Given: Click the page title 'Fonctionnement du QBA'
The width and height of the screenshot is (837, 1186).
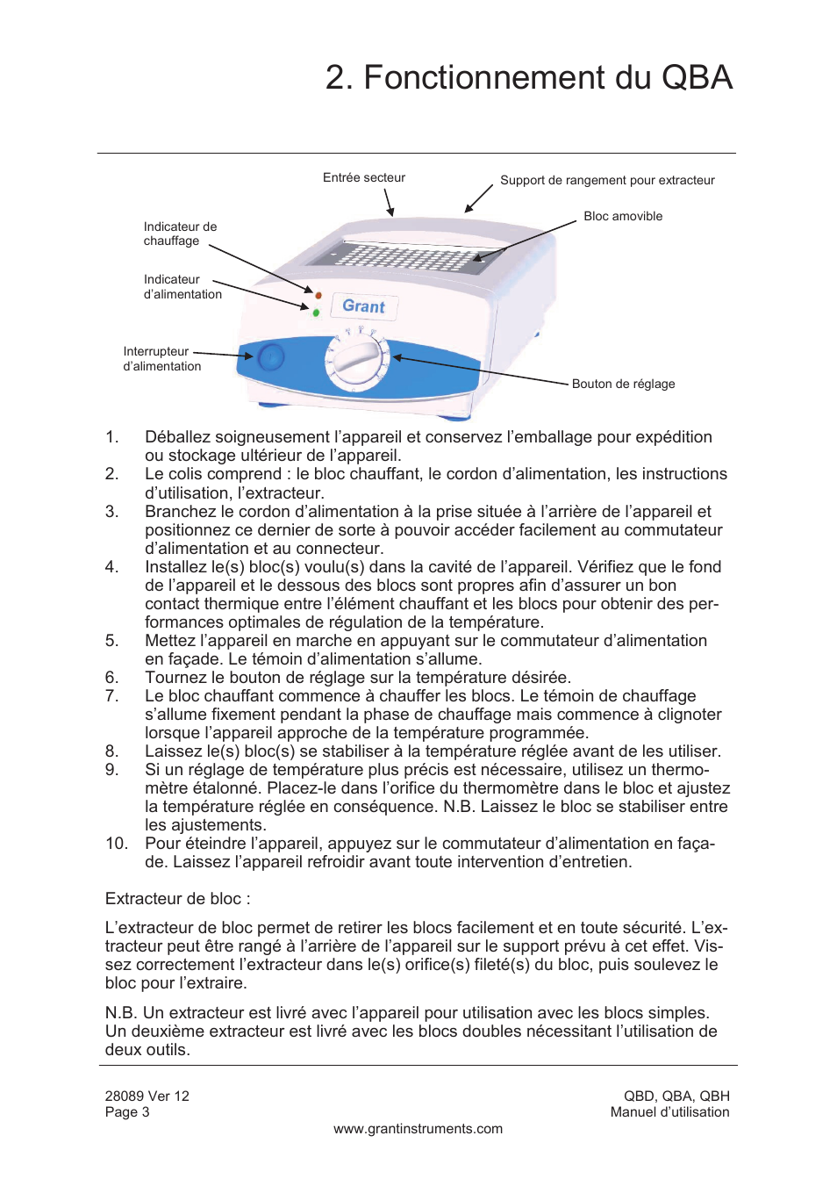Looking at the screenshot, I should coord(528,77).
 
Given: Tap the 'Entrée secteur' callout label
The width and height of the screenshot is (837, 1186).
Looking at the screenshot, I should coord(363,177).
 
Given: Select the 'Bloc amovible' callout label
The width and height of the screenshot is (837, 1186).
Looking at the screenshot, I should coord(623,216).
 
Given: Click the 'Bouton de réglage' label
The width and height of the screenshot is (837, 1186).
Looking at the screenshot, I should coord(623,384).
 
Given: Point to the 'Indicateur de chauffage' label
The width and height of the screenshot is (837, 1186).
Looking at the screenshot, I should coord(180,234).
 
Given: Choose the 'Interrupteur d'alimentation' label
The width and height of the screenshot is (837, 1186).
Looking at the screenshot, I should coord(161,358).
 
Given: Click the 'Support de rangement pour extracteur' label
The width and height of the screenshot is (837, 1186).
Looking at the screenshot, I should coord(607,180).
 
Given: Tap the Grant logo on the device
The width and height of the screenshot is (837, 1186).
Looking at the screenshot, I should coord(363,306).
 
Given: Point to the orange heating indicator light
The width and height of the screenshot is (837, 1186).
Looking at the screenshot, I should coord(318,295).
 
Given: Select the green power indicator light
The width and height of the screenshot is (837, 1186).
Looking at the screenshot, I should coord(316,312).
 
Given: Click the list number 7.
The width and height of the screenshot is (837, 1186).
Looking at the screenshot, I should coord(111,696).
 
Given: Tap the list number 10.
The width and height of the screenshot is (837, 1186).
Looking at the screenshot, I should coord(116,844).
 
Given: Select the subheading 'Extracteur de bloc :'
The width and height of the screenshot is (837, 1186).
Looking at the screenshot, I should coord(177,899).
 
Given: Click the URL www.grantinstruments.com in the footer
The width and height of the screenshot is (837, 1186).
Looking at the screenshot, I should coord(418,1129).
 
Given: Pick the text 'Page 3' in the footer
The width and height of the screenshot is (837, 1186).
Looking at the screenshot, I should coord(127,1112).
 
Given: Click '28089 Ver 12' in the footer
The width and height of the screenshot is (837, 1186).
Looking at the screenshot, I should coord(147,1096).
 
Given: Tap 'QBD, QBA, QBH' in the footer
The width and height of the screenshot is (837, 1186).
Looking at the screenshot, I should coord(676,1096).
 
